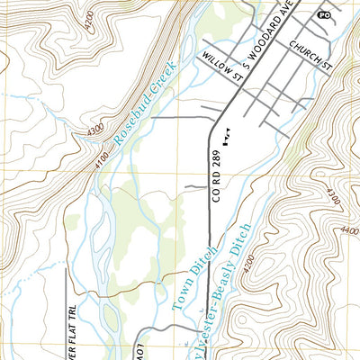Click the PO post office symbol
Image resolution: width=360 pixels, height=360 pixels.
[323, 16]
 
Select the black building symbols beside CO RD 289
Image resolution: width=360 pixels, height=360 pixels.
[227, 135]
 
